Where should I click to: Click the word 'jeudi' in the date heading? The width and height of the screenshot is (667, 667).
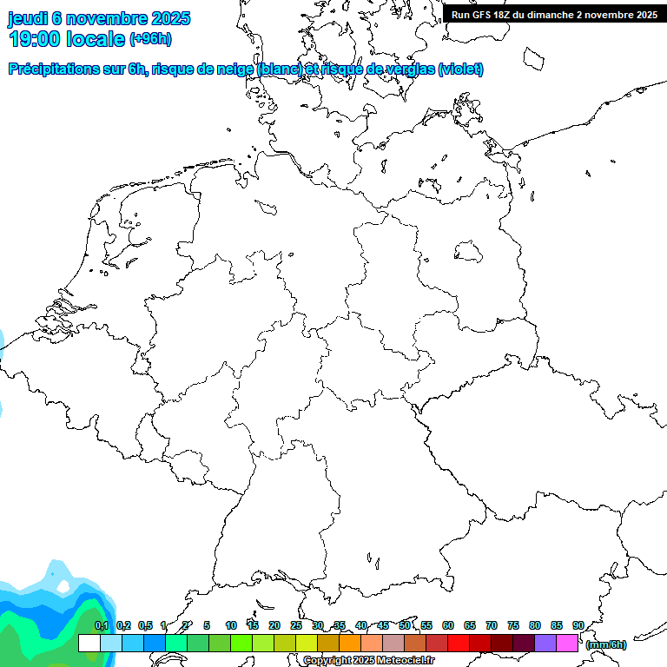[27, 18]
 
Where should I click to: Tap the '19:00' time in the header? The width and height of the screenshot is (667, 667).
[35, 38]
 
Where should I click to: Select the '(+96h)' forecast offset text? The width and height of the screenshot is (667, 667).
[150, 39]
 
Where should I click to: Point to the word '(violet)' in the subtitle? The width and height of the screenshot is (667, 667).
[461, 69]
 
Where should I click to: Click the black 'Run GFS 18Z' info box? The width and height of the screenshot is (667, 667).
[554, 15]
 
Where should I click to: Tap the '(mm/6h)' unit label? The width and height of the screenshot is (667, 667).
[606, 644]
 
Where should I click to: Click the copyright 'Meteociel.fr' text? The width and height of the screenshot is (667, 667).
[400, 661]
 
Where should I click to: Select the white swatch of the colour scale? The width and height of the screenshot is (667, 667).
[89, 644]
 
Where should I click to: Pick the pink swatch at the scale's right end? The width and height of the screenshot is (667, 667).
[567, 644]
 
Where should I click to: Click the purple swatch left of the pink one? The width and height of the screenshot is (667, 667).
[545, 644]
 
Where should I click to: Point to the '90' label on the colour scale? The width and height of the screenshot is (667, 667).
[578, 625]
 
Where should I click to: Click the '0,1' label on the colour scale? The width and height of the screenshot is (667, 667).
[102, 625]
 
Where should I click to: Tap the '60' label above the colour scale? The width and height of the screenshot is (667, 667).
[448, 625]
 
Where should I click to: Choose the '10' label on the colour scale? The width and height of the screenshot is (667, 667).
[231, 625]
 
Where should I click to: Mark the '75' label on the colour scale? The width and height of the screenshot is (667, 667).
[513, 625]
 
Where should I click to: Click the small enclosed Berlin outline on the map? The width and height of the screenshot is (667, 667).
[469, 253]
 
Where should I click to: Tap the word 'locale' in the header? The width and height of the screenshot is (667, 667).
[96, 38]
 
